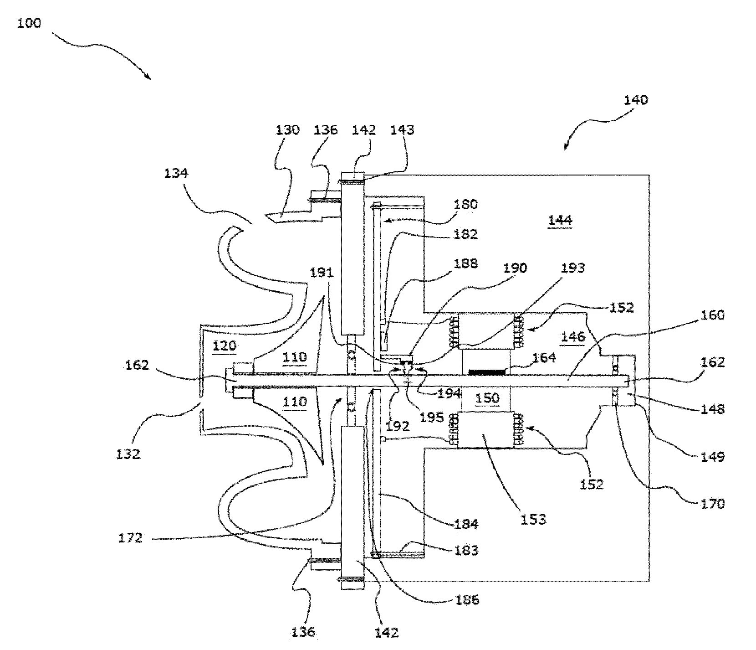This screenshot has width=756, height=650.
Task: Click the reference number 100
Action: pyautogui.click(x=29, y=23)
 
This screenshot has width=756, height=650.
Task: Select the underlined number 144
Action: pyautogui.click(x=560, y=220)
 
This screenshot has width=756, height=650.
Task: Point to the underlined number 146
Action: pyautogui.click(x=572, y=337)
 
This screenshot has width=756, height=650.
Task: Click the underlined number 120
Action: pyautogui.click(x=225, y=346)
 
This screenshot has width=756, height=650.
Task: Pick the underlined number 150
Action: pyautogui.click(x=487, y=397)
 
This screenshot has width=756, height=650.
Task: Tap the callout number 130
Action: pyautogui.click(x=287, y=130)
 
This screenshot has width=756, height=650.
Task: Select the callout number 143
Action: pyautogui.click(x=402, y=130)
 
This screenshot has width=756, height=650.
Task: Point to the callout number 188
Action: pyautogui.click(x=465, y=263)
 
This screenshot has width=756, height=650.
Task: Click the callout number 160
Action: pyautogui.click(x=713, y=315)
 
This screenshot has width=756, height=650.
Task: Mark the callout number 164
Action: pyautogui.click(x=544, y=357)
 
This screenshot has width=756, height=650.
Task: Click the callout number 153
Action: pyautogui.click(x=533, y=519)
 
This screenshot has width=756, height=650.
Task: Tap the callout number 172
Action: pyautogui.click(x=130, y=538)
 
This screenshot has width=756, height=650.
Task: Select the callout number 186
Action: pyautogui.click(x=467, y=599)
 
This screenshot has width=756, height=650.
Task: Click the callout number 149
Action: pyautogui.click(x=713, y=456)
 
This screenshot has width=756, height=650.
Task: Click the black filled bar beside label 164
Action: pyautogui.click(x=487, y=372)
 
